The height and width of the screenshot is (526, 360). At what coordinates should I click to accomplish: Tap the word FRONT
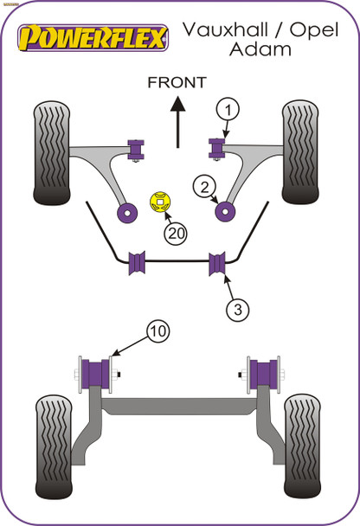(x=177, y=83)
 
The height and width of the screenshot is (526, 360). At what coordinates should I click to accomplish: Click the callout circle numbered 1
(x=227, y=109)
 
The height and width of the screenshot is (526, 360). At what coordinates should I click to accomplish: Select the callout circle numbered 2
(x=204, y=184)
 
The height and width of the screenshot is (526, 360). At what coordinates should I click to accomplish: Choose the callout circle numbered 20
(x=176, y=233)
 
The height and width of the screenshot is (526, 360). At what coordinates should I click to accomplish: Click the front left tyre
(x=54, y=153)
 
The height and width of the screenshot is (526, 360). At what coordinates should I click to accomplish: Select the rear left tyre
(x=55, y=442)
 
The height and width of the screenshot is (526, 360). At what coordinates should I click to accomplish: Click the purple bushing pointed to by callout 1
(x=216, y=146)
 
